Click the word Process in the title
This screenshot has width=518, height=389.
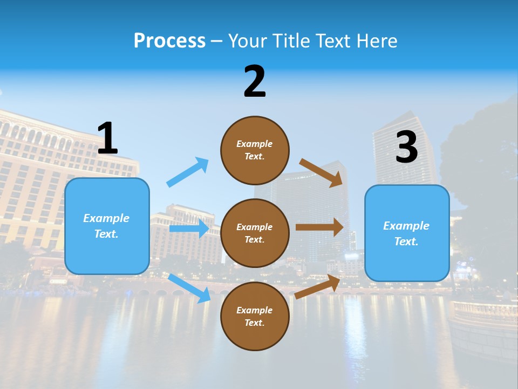pyautogui.click(x=169, y=41)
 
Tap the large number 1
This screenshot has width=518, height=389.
pyautogui.click(x=107, y=139)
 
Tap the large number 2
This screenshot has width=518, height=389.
pyautogui.click(x=255, y=82)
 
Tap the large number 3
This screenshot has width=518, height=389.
pyautogui.click(x=406, y=147)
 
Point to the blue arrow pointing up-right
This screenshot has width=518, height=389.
pyautogui.click(x=188, y=172)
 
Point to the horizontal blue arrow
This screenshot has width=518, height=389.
pyautogui.click(x=189, y=229)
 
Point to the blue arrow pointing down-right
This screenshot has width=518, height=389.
pyautogui.click(x=189, y=288)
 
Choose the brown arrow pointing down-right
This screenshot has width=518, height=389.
pyautogui.click(x=321, y=172)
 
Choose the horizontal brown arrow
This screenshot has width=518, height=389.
pyautogui.click(x=319, y=227)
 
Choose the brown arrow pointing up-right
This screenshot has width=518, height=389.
pyautogui.click(x=318, y=287)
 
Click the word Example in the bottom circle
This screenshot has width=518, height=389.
pyautogui.click(x=255, y=310)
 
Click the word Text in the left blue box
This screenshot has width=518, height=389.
pyautogui.click(x=106, y=234)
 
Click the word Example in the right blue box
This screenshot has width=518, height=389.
pyautogui.click(x=406, y=226)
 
